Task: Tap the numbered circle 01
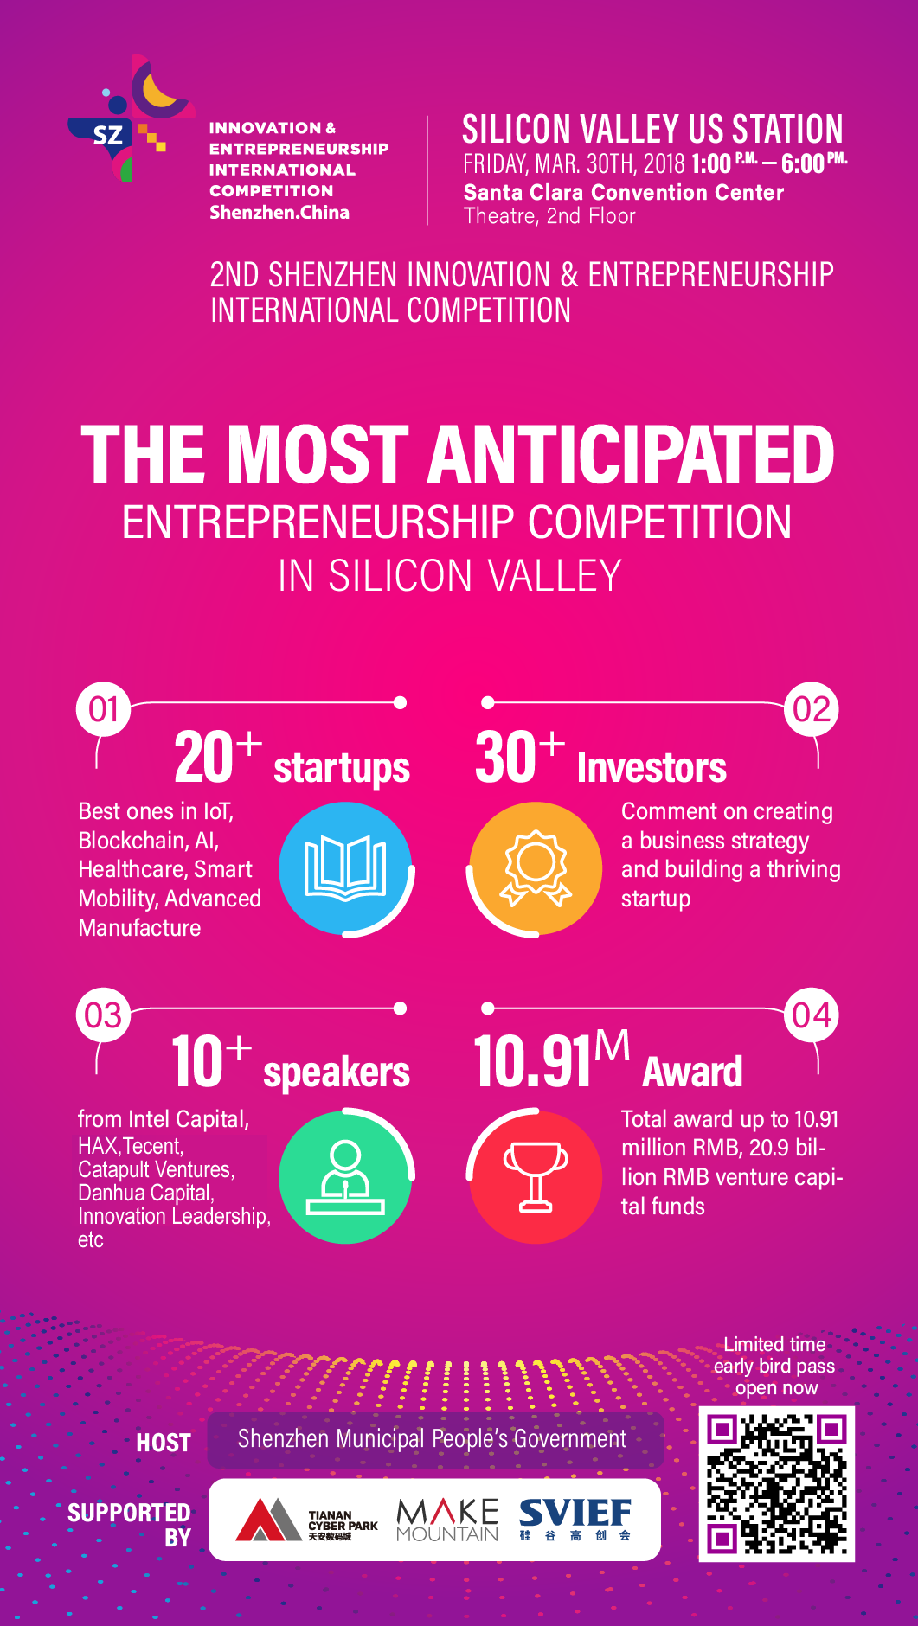tap(104, 709)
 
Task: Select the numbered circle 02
tap(812, 709)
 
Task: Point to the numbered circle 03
tap(104, 1015)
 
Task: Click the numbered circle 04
tap(812, 1015)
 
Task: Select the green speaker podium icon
tap(345, 1176)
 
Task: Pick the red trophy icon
tap(536, 1176)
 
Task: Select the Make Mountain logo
tap(447, 1520)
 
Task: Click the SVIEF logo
tap(575, 1520)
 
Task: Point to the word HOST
tap(164, 1443)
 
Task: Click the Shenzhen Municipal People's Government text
tap(432, 1438)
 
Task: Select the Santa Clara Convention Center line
tap(624, 192)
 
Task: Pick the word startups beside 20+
tap(342, 768)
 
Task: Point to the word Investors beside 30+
tap(652, 767)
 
